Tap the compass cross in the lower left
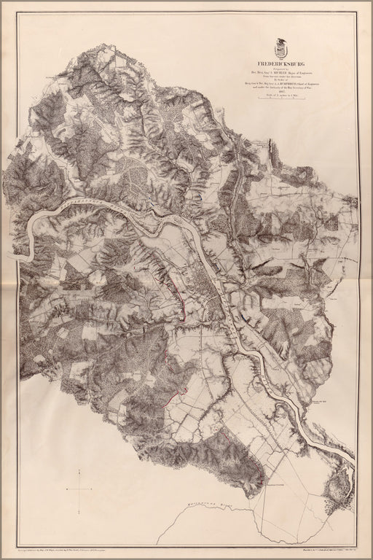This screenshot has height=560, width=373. [78, 489]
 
